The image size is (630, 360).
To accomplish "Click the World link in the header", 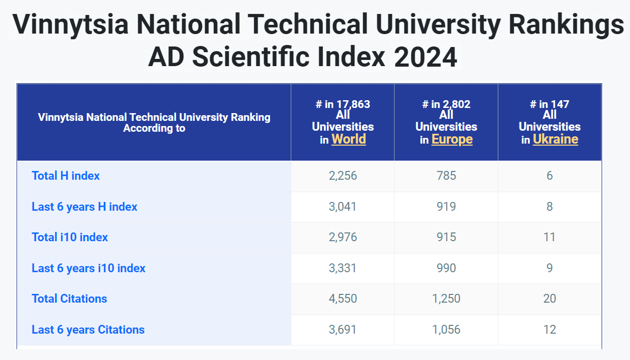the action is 349,139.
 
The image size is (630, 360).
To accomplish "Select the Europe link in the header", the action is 452,139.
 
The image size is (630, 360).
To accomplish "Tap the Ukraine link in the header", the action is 556,139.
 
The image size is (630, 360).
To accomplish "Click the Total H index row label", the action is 66,176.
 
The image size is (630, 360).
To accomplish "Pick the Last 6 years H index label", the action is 84,207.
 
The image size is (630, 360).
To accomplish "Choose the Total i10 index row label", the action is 70,238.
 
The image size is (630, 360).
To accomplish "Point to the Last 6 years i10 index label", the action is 89,268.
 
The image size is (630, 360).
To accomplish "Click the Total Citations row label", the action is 70,299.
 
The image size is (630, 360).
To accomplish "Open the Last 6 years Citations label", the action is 88,330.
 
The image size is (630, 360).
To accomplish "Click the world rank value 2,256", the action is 343,176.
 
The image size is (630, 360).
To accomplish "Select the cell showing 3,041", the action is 342,207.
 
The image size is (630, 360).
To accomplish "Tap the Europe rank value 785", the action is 446,176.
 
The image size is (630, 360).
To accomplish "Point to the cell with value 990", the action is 446,268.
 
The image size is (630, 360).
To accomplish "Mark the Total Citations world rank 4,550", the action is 343,299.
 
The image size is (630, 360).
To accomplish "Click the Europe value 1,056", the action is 446,330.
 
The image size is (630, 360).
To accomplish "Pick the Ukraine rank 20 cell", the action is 549,299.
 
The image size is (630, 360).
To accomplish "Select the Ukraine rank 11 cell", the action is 549,238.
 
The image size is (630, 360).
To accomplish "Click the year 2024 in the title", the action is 426,57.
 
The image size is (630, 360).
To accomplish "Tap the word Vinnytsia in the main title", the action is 70,25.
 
